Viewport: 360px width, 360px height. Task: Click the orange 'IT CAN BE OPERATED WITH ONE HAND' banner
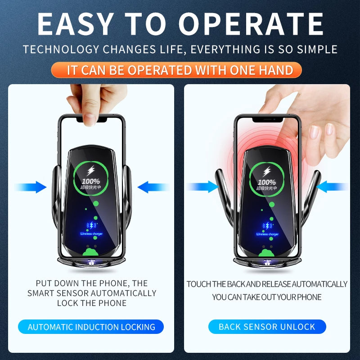point(180,70)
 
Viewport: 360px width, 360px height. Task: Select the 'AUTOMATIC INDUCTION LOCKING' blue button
point(91,327)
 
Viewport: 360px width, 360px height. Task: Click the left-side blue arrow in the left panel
point(31,187)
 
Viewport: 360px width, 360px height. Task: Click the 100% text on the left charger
point(91,181)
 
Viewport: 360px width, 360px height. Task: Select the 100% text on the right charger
point(267,182)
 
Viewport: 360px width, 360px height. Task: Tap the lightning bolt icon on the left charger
point(90,171)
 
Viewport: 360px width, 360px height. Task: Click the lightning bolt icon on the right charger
point(267,171)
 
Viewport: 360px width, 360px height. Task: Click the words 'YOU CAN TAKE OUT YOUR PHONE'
point(267,297)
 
